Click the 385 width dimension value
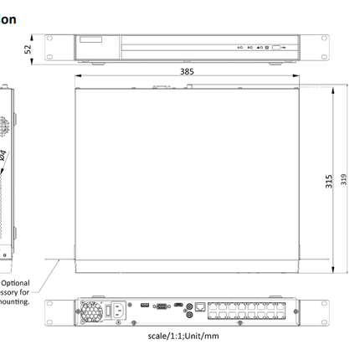coord(187,72)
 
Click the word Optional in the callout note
coord(18,283)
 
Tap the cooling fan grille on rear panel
coord(90,310)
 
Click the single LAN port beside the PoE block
coord(200,306)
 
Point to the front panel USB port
coord(276,49)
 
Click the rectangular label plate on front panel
coord(90,39)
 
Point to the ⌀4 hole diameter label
coord(4,156)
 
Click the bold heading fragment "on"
coord(8,18)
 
